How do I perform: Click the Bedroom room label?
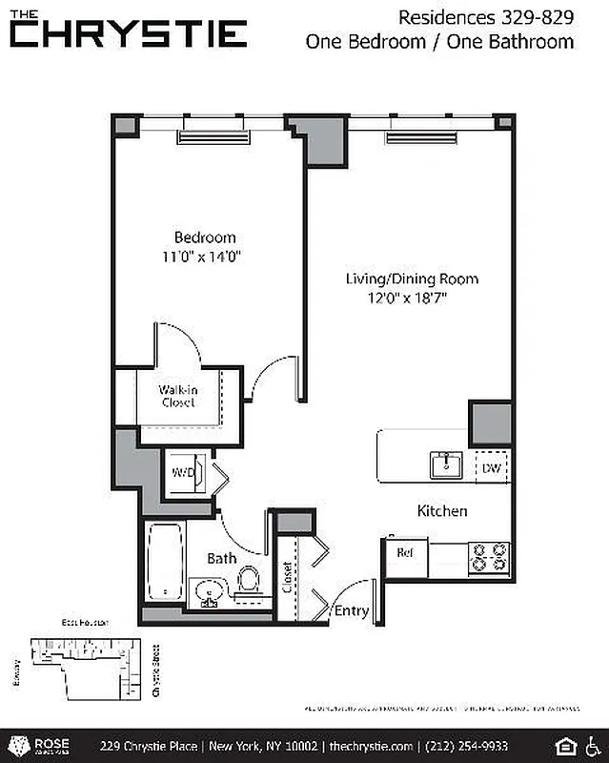pyautogui.click(x=204, y=237)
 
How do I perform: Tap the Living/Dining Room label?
pyautogui.click(x=412, y=279)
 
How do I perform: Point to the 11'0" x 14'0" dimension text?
pyautogui.click(x=204, y=256)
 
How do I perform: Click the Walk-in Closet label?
pyautogui.click(x=177, y=395)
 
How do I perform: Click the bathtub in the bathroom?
pyautogui.click(x=162, y=563)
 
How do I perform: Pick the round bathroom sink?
pyautogui.click(x=209, y=593)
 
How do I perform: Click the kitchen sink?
pyautogui.click(x=445, y=466)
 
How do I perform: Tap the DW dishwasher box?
pyautogui.click(x=492, y=467)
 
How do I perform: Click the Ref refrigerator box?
pyautogui.click(x=405, y=552)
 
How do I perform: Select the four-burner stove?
pyautogui.click(x=489, y=556)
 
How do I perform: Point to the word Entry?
pyautogui.click(x=351, y=611)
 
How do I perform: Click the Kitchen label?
pyautogui.click(x=442, y=511)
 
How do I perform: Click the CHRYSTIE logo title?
pyautogui.click(x=130, y=34)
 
